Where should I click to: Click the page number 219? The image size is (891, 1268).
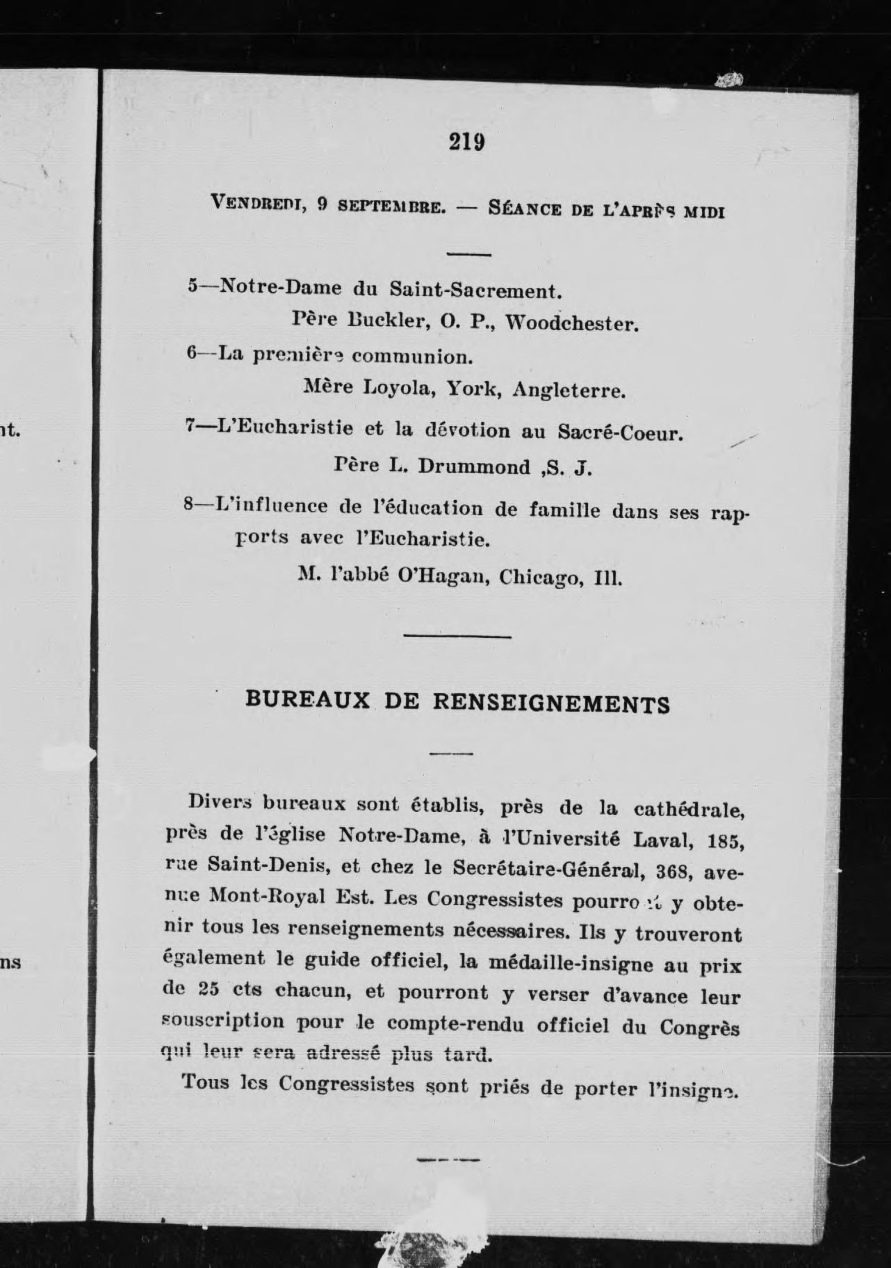[466, 143]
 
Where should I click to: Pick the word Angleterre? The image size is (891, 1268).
[569, 391]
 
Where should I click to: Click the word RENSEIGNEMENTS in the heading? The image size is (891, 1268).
[552, 704]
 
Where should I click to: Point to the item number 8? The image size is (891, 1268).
[188, 505]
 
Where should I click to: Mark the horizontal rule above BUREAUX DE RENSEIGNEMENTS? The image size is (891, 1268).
[457, 636]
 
